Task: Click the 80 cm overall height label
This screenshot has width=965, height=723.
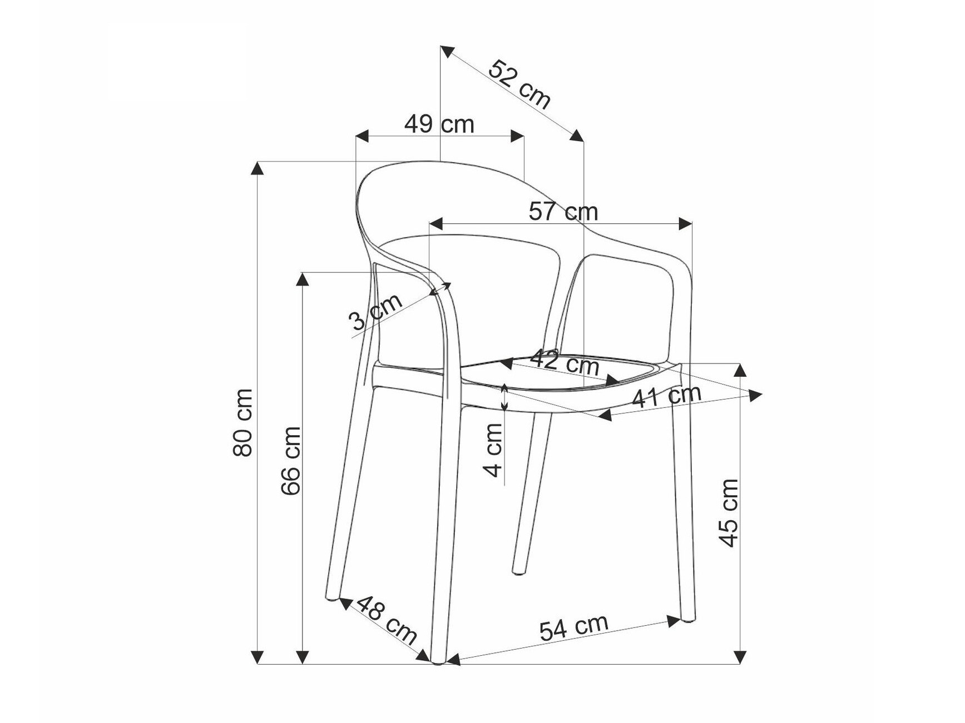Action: (243, 422)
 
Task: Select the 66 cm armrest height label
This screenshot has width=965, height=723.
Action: (291, 460)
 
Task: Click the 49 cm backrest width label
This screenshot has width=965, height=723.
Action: (439, 124)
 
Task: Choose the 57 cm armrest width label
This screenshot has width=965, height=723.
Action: (563, 212)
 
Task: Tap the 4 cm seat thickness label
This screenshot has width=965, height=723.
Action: (493, 450)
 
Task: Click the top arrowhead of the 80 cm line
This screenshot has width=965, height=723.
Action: (257, 168)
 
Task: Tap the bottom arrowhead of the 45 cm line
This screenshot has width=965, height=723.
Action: (740, 657)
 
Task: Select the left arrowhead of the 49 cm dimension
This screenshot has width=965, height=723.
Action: (362, 136)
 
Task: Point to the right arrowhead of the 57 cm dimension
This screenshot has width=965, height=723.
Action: (686, 224)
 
